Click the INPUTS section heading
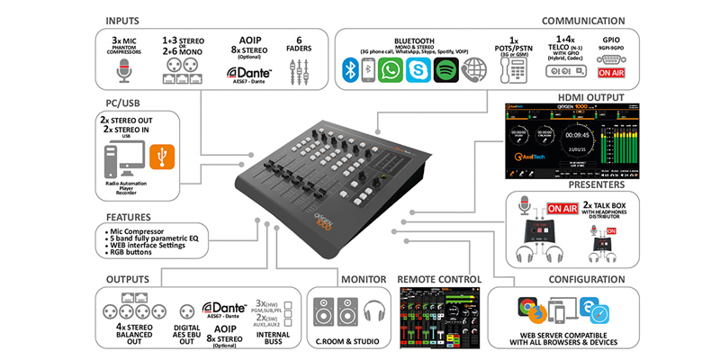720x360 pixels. tap(130, 19)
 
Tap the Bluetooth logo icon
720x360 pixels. tap(350, 70)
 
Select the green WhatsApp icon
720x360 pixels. tap(390, 70)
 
